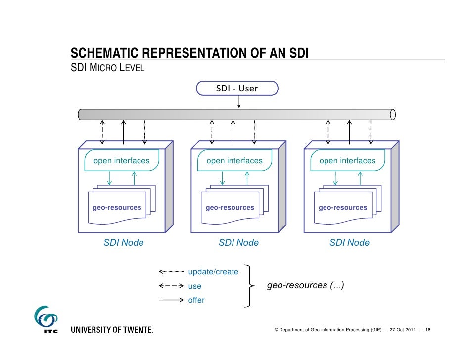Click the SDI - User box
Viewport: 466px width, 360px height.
(x=237, y=89)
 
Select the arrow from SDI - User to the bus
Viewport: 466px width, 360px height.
(x=239, y=101)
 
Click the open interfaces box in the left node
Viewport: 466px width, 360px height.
(x=122, y=161)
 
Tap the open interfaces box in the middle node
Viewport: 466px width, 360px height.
(x=234, y=161)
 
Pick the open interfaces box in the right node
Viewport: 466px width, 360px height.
(x=347, y=161)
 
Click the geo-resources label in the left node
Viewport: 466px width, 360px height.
(x=117, y=208)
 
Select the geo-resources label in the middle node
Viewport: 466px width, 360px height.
(x=230, y=208)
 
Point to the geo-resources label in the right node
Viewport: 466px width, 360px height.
(x=343, y=208)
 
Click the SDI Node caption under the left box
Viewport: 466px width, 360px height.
(x=123, y=243)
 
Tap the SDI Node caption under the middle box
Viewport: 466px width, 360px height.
(x=238, y=243)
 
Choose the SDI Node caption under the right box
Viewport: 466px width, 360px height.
(x=349, y=243)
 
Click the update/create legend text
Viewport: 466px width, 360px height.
(x=213, y=272)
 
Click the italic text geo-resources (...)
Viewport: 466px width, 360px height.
(x=306, y=285)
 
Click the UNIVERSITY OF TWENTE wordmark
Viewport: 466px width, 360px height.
(x=112, y=329)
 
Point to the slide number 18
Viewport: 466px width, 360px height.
(x=428, y=329)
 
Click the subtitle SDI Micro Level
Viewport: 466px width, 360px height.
(x=108, y=68)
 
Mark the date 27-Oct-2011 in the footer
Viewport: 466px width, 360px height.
(x=402, y=329)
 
